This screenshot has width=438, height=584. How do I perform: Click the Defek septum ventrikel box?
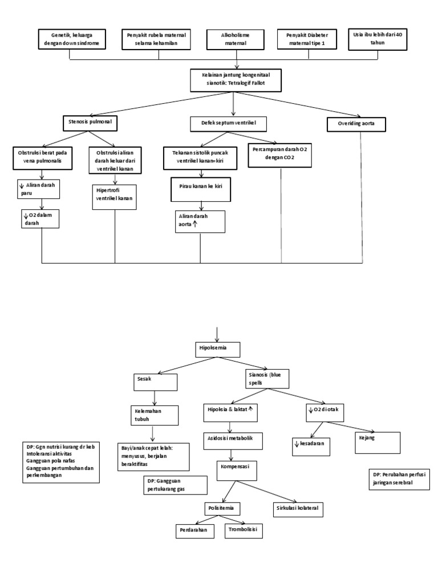point(229,123)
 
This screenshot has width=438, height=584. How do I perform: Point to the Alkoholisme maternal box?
point(235,39)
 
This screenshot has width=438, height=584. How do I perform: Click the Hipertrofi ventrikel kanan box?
point(115,194)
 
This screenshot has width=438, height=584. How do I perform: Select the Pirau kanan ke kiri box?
point(200,189)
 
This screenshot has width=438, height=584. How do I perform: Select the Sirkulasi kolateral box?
point(296,508)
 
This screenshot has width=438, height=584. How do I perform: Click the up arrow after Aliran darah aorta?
point(195,225)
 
